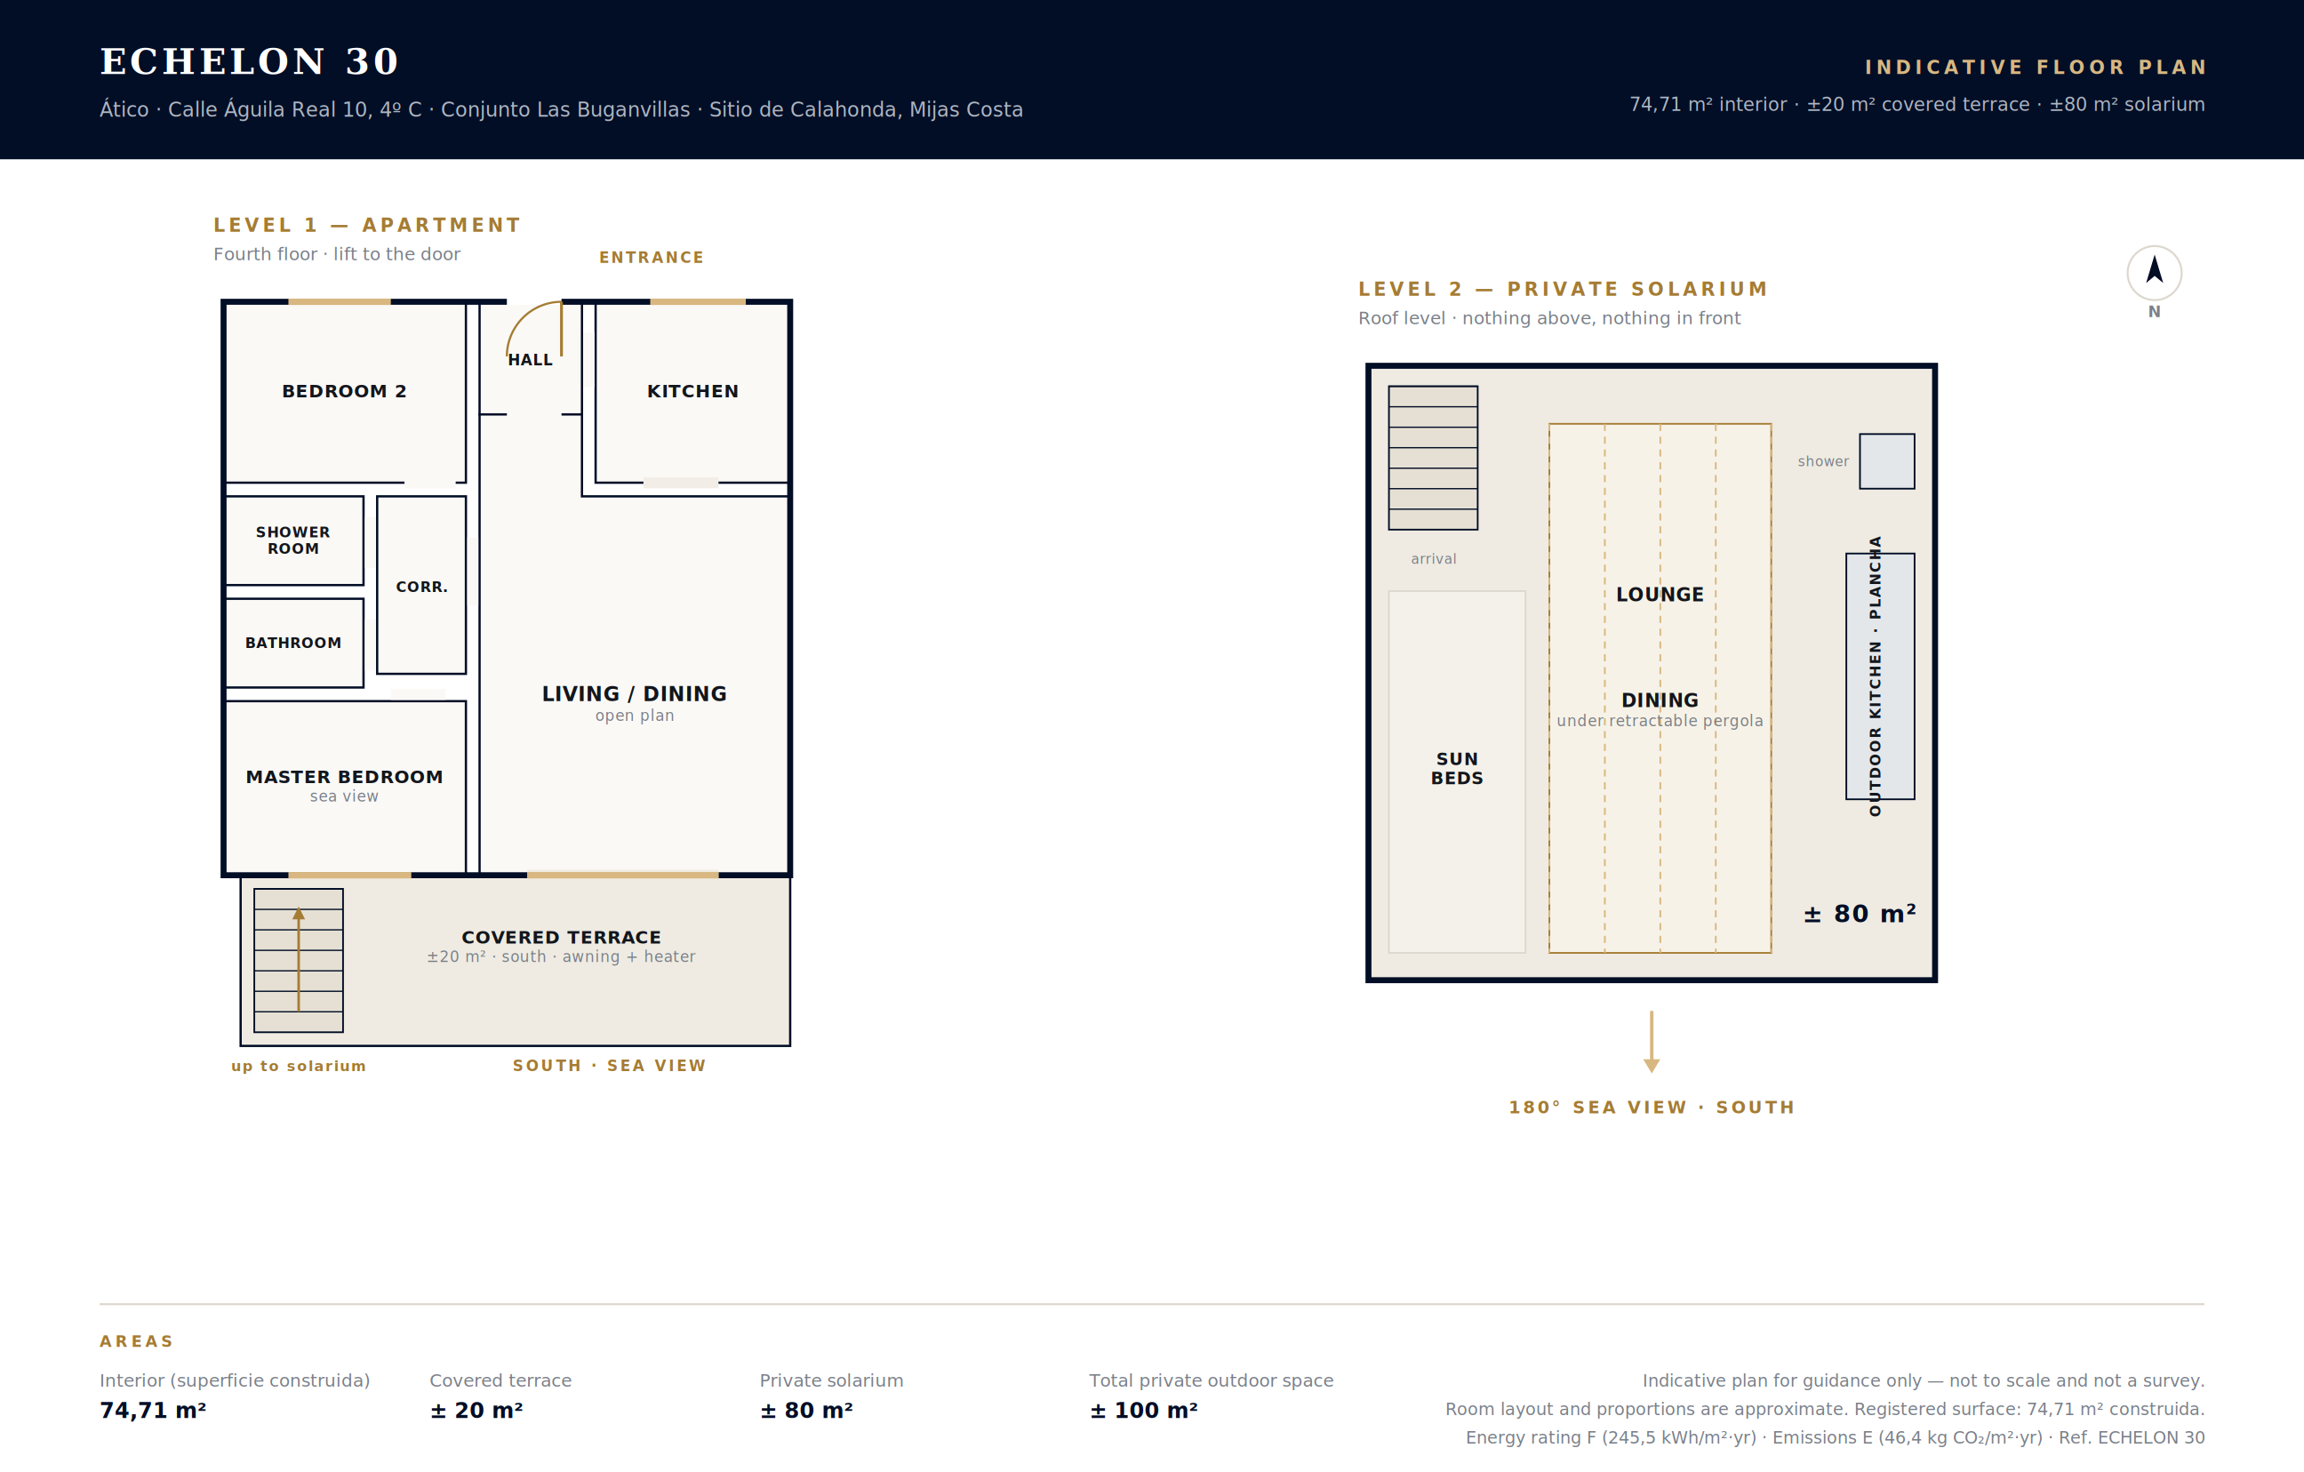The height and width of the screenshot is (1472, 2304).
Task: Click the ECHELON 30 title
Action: [x=250, y=61]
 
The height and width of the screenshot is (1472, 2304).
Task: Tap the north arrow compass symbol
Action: [x=2154, y=273]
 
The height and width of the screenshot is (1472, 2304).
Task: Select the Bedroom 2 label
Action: [x=345, y=391]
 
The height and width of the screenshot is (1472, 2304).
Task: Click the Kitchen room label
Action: [x=692, y=391]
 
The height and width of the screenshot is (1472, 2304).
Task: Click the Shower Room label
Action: [x=292, y=540]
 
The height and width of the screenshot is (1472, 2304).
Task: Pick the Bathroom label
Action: [x=292, y=644]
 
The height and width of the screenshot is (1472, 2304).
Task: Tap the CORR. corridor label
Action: [x=422, y=587]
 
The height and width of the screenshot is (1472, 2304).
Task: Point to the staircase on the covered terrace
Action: [x=299, y=960]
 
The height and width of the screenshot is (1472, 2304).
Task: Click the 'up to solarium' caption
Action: [x=299, y=1066]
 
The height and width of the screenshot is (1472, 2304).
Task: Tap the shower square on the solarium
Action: [x=1887, y=461]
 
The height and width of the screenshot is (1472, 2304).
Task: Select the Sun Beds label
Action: [x=1457, y=769]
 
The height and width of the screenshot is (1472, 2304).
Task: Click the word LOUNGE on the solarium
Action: [x=1660, y=595]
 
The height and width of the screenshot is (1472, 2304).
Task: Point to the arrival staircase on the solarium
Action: [x=1433, y=458]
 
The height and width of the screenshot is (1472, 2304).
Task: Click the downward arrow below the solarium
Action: [x=1652, y=1041]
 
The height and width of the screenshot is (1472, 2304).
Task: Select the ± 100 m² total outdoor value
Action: [x=1143, y=1410]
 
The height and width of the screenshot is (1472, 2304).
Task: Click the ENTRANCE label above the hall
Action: [x=652, y=258]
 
